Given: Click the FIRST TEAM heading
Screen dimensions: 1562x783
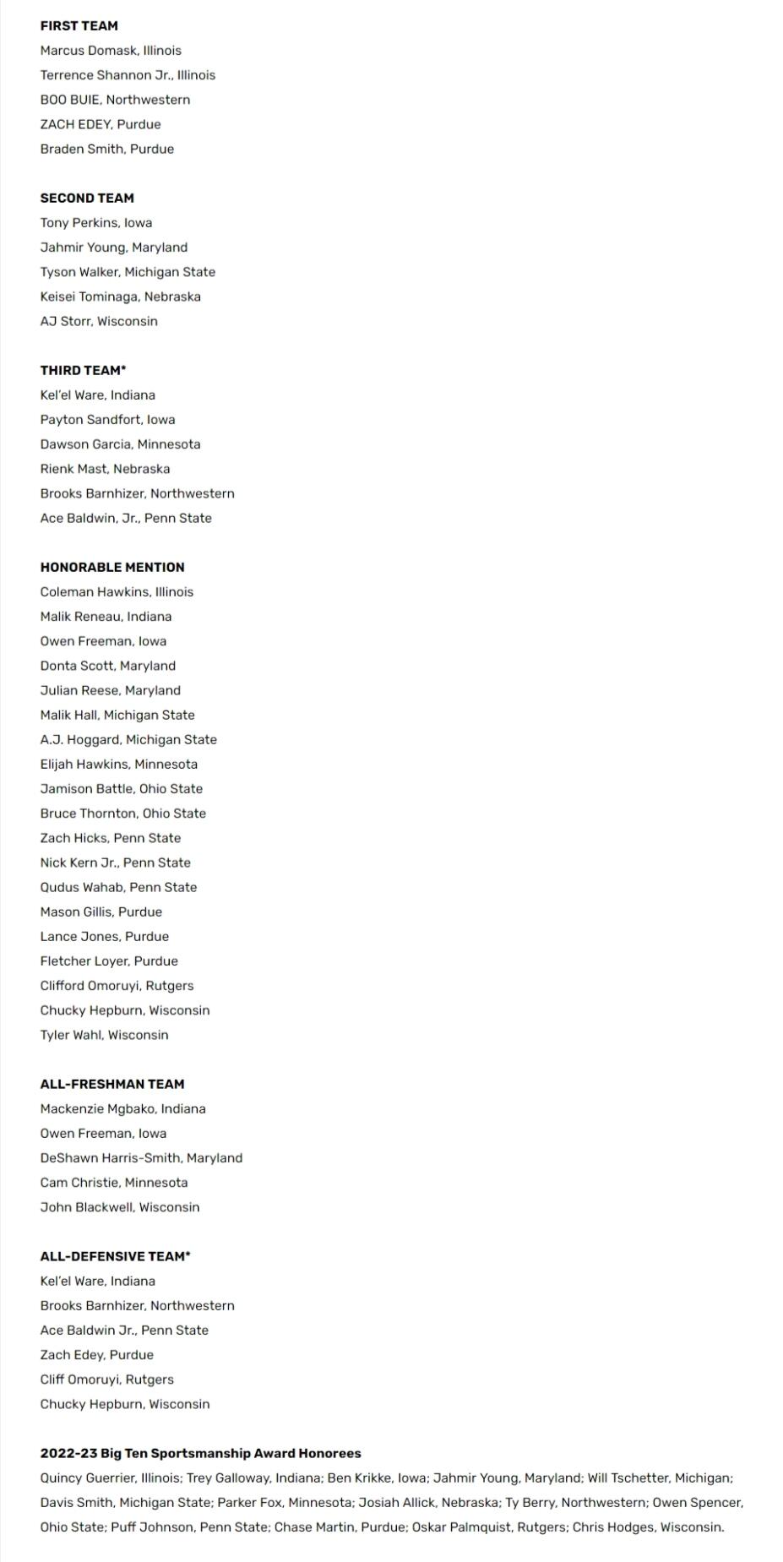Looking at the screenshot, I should (79, 26).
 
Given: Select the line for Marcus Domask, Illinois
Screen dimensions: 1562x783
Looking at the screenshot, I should (111, 51).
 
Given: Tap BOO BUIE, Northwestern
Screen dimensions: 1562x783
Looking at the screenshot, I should (115, 100).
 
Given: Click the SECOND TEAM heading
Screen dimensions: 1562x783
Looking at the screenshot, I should (87, 199).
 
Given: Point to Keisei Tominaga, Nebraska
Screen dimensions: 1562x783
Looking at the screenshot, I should (120, 297).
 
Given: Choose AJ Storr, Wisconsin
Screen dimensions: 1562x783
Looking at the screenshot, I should (99, 321).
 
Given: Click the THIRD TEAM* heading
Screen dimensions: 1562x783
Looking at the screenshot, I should (83, 370).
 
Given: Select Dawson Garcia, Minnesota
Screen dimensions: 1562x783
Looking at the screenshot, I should (120, 444).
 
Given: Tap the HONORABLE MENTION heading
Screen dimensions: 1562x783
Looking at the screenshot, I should (112, 568).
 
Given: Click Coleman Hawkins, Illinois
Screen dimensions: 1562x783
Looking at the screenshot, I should (117, 592).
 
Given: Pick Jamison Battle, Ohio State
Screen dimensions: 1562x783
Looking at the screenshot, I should (121, 789).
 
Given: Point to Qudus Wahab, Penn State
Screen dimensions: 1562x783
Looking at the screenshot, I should (118, 887).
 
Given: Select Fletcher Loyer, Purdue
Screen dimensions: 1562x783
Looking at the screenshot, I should (109, 961).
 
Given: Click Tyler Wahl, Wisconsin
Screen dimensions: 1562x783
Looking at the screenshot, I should (104, 1035).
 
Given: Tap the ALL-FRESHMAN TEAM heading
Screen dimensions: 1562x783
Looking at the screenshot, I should (112, 1084).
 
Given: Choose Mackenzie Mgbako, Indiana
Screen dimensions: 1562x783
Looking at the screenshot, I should (122, 1108).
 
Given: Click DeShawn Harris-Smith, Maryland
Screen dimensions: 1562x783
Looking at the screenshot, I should (141, 1158).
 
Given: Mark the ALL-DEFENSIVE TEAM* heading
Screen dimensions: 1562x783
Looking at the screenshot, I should (115, 1256).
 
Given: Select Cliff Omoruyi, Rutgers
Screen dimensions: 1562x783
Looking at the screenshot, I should (106, 1380).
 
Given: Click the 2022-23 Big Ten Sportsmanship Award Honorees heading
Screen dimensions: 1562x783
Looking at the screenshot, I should (200, 1453).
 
